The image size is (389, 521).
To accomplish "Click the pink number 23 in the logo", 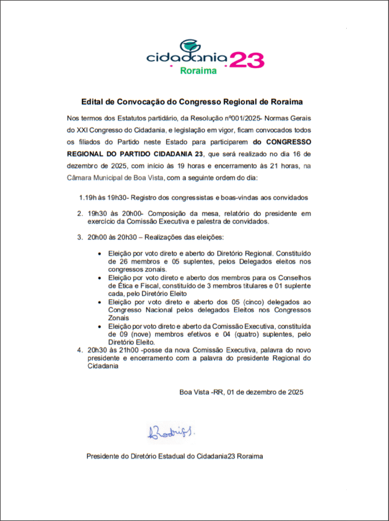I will pyautogui.click(x=247, y=60).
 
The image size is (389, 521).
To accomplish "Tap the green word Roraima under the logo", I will pyautogui.click(x=198, y=71).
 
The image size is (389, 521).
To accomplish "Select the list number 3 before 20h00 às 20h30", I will pyautogui.click(x=79, y=238).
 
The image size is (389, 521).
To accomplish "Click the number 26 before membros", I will pyautogui.click(x=113, y=261).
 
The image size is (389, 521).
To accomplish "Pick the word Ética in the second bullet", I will pyautogui.click(x=118, y=285).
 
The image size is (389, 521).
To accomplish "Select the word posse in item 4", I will pyautogui.click(x=156, y=351).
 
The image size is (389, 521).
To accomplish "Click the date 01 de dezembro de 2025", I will pyautogui.click(x=265, y=392).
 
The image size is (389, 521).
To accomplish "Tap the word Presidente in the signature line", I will pyautogui.click(x=103, y=456).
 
